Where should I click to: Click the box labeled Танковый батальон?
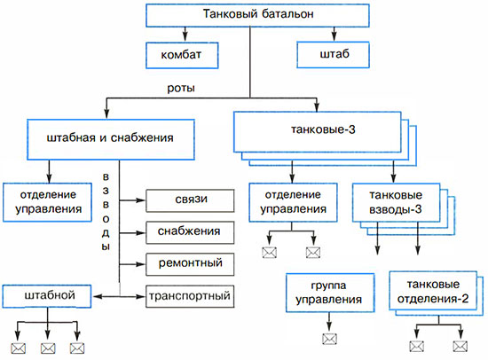pos(257,15)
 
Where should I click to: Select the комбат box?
pos(182,55)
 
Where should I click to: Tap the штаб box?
pos(333,55)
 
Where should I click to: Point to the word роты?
pos(181,88)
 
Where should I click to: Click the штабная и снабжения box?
pos(111,139)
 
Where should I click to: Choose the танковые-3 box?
pos(318,132)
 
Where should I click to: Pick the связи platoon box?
pos(190,200)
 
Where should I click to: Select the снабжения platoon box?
pos(190,232)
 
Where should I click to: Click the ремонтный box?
pos(190,264)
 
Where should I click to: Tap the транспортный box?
pos(190,296)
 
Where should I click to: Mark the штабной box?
pos(47,296)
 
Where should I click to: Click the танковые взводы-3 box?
pos(396,202)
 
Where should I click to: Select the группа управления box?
pos(330,293)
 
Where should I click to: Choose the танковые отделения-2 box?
pos(433,291)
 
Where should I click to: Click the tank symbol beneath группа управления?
pos(329,339)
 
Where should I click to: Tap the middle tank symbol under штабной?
pos(48,348)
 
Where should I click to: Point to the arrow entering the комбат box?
pos(185,35)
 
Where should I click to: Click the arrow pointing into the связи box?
pos(132,200)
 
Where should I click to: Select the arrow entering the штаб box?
pos(334,35)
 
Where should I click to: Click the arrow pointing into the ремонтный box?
pos(132,264)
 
